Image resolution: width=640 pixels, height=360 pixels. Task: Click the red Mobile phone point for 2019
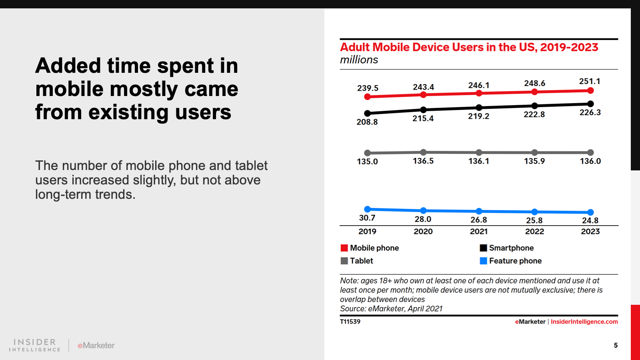(x=367, y=97)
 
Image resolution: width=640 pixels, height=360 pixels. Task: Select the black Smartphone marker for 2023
(x=590, y=104)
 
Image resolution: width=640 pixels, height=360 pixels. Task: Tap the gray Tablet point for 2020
(x=423, y=152)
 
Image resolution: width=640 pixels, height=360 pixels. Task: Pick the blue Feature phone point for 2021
(x=479, y=211)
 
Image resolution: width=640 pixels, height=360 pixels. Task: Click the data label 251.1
(x=590, y=82)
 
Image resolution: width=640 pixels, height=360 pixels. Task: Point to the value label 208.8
(x=367, y=122)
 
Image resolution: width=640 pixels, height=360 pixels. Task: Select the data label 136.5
(x=423, y=161)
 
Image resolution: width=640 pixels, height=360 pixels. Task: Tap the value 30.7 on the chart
(x=367, y=218)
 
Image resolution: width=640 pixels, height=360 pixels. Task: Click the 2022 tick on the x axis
(x=534, y=232)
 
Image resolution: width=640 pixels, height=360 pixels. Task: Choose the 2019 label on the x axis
(x=367, y=232)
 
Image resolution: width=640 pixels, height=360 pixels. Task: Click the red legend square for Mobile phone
(x=344, y=248)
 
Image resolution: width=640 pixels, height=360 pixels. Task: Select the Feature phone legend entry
(x=515, y=261)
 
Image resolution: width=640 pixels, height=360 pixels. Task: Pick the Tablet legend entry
(x=362, y=261)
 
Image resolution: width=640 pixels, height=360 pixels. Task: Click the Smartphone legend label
(x=511, y=248)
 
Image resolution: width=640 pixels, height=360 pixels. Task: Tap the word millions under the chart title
(x=359, y=60)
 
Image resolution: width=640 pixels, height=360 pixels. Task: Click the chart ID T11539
(x=350, y=322)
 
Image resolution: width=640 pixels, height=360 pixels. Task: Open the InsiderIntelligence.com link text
(x=584, y=322)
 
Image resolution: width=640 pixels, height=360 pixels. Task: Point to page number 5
(x=616, y=345)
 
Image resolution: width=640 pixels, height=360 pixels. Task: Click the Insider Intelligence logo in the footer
(x=35, y=345)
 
